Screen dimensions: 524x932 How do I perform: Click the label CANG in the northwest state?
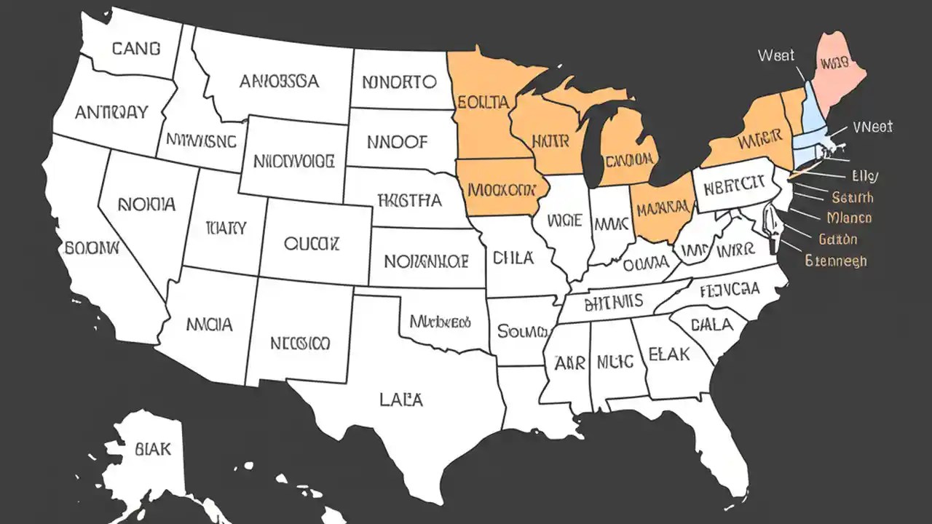(136, 49)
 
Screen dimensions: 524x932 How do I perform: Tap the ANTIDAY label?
(111, 113)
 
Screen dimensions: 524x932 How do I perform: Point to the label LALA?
(400, 399)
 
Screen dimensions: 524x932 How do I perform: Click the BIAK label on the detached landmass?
(153, 449)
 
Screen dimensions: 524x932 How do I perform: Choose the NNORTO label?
(399, 82)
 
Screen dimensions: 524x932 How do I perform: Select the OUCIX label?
(312, 243)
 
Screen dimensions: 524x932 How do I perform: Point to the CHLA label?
(513, 258)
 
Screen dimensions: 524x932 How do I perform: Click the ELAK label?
(668, 354)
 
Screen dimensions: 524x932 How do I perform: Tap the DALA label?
(711, 325)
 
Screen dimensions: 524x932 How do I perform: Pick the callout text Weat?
(776, 55)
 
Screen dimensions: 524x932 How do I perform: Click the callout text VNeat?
(872, 127)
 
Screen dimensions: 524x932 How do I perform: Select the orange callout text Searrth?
(853, 197)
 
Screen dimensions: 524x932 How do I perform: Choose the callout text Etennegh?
(836, 260)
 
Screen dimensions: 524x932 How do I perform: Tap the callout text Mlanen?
(850, 218)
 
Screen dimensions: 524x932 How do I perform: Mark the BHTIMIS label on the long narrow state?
(604, 301)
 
